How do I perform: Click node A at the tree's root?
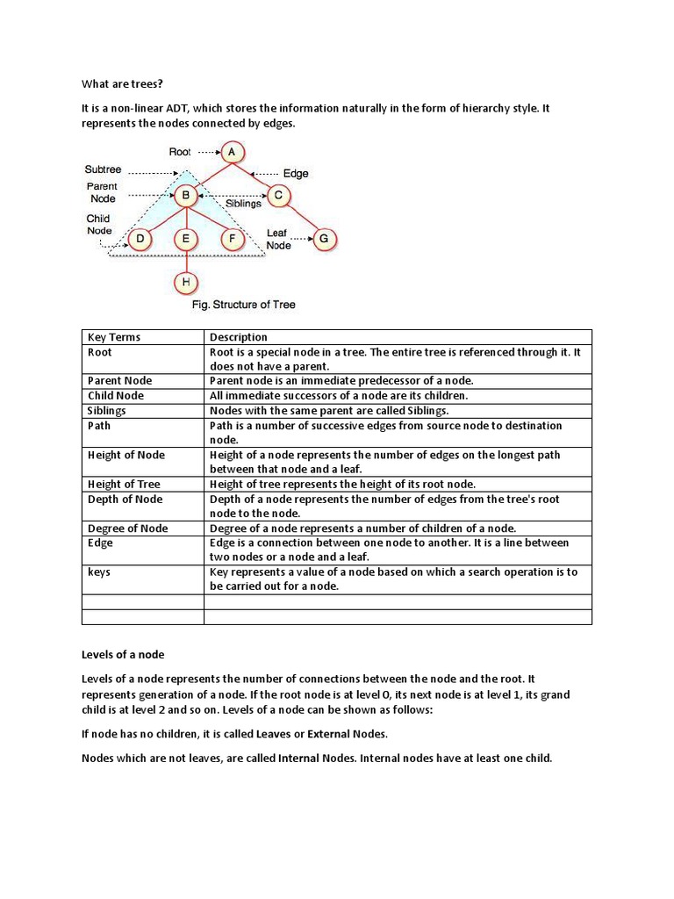[232, 152]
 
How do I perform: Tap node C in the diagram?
[278, 195]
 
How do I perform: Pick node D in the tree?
[140, 238]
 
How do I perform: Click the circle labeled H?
[185, 282]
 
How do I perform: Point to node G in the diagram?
[324, 238]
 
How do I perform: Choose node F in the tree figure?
[232, 238]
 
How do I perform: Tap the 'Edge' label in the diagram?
[296, 174]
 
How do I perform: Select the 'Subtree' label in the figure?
[103, 169]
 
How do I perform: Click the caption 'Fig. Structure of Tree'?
[243, 305]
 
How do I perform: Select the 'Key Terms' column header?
[114, 337]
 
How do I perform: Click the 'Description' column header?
[239, 337]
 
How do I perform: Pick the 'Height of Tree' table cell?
[124, 484]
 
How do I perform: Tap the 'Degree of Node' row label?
[128, 529]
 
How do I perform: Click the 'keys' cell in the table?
[99, 572]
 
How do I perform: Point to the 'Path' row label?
[99, 426]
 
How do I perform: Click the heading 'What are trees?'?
[123, 84]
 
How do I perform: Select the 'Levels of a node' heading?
[123, 655]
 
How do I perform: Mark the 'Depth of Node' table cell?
[125, 499]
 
